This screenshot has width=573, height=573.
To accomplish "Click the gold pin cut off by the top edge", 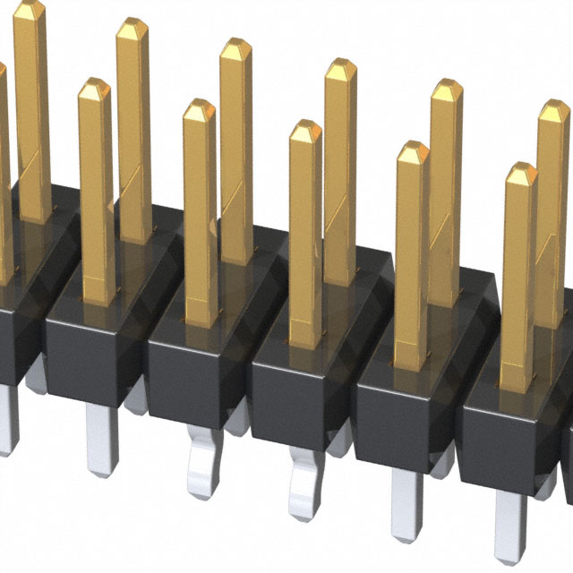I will pyautogui.click(x=31, y=90).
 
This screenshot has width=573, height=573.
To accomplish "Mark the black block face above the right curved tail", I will pyautogui.click(x=300, y=394).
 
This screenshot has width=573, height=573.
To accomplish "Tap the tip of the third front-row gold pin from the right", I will pyautogui.click(x=305, y=132).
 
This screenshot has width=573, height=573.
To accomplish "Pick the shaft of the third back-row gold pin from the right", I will pyautogui.click(x=340, y=179).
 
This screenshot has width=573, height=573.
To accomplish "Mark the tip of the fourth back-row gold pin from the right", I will pyautogui.click(x=235, y=49).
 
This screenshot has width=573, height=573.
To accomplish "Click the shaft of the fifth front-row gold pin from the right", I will pyautogui.click(x=95, y=206).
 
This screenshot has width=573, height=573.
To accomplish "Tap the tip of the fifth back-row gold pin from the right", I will pyautogui.click(x=133, y=29).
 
